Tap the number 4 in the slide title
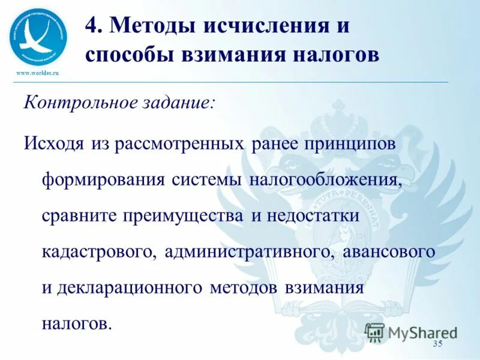92,26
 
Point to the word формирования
103,181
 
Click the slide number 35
437,343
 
